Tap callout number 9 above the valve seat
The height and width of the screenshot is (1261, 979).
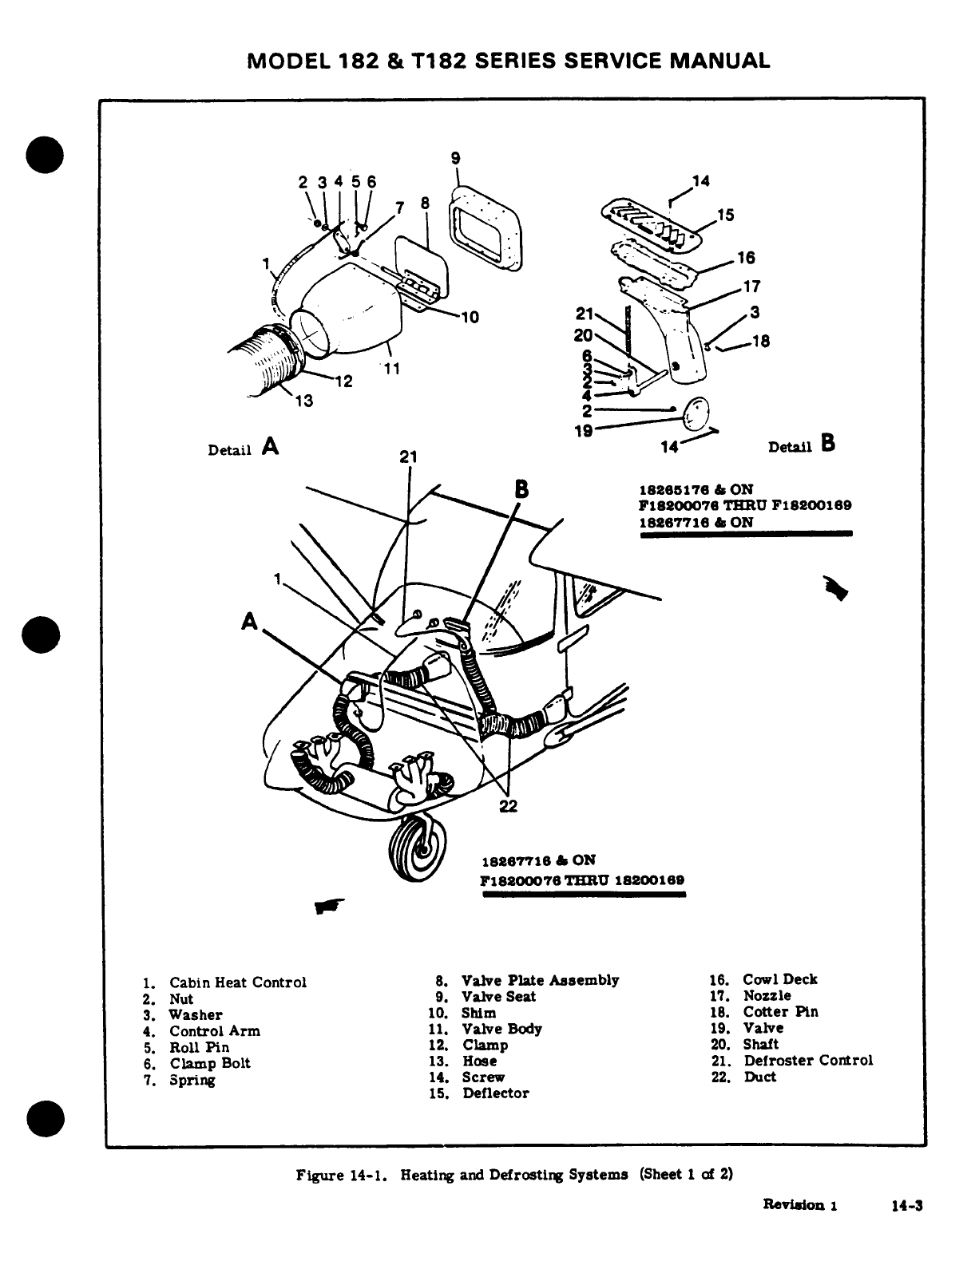(455, 158)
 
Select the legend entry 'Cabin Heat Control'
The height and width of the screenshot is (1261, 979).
(237, 982)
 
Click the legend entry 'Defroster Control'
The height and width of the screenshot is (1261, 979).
(807, 1061)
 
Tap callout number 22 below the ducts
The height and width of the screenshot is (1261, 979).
(508, 806)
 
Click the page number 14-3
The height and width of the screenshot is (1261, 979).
(907, 1206)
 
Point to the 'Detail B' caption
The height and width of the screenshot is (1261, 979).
(801, 446)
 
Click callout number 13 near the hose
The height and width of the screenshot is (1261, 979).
(304, 401)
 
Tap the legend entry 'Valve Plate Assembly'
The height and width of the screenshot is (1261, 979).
(540, 980)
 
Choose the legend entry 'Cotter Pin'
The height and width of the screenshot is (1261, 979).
(780, 1012)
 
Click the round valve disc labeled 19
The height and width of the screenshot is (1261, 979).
(695, 411)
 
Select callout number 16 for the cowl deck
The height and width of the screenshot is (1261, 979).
(746, 258)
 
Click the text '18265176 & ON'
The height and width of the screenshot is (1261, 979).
(696, 489)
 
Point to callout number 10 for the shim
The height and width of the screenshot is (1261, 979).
(470, 317)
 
